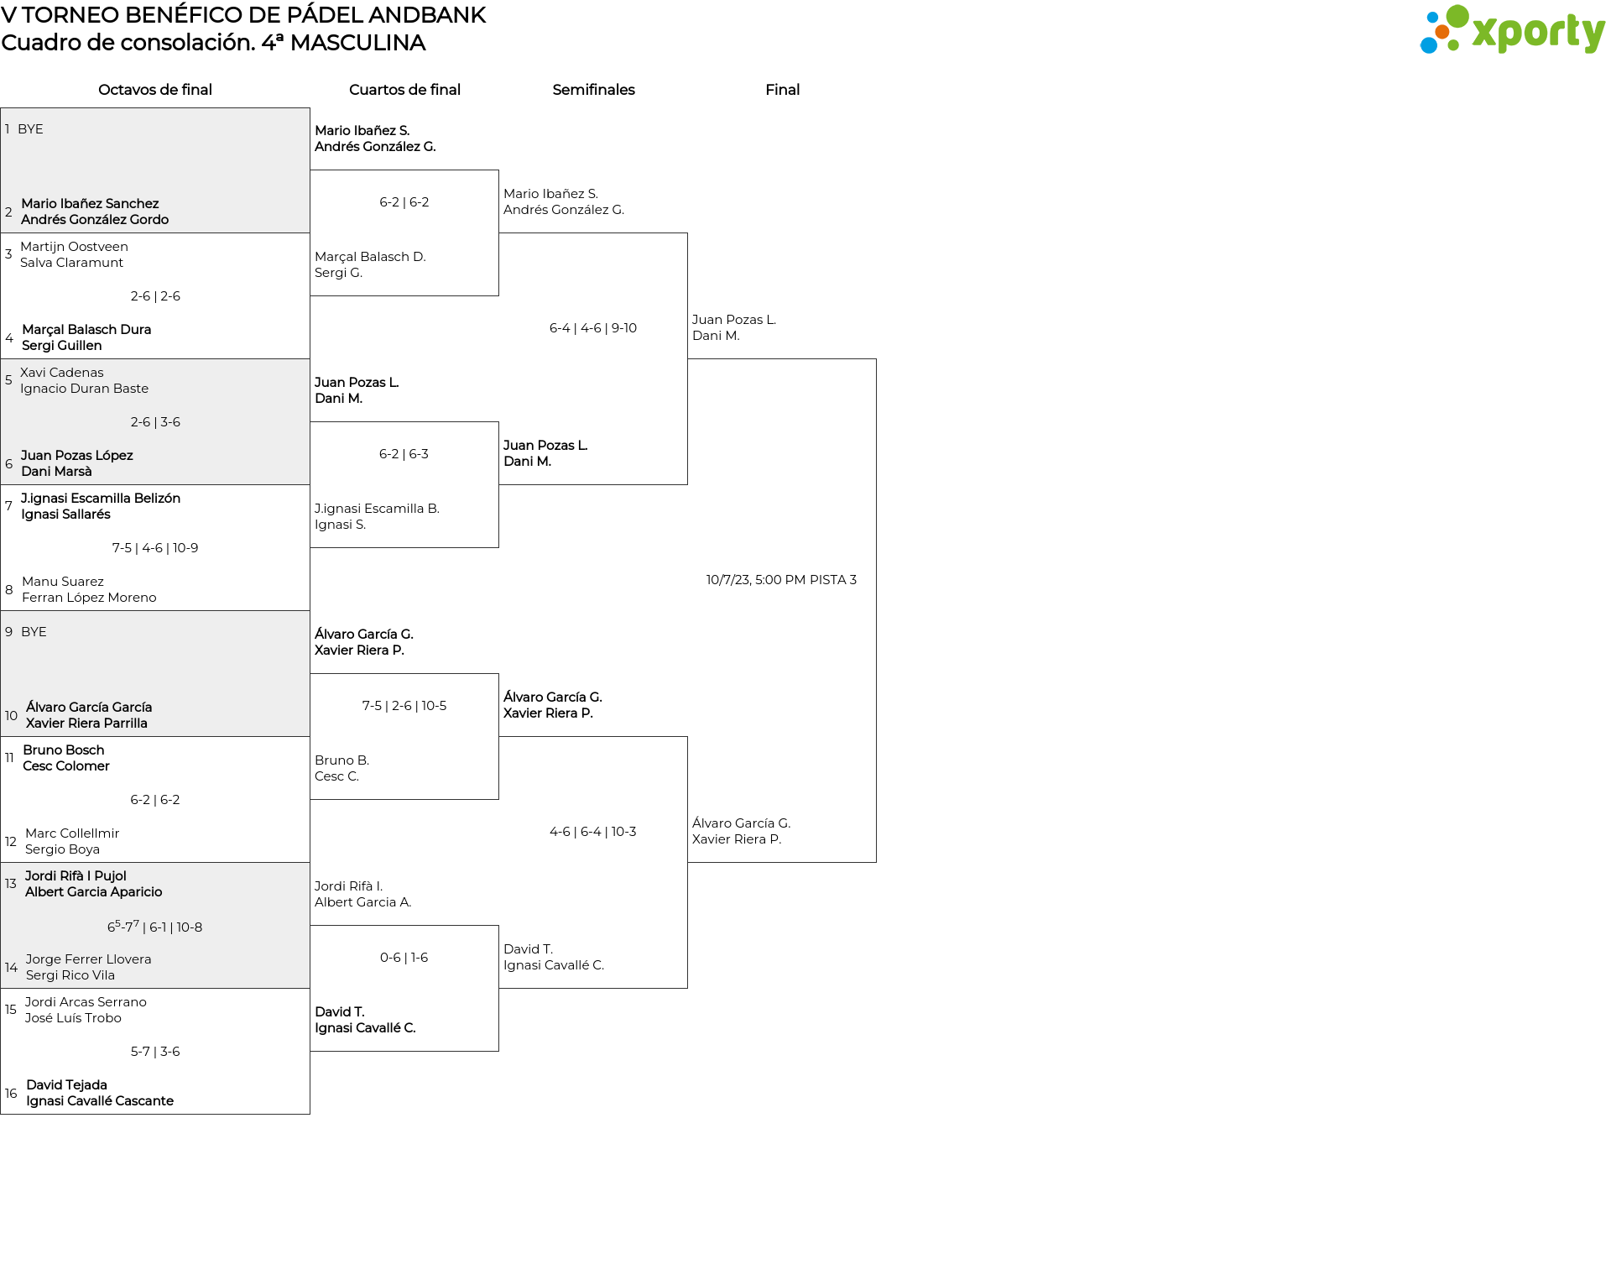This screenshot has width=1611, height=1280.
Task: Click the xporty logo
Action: pyautogui.click(x=1512, y=30)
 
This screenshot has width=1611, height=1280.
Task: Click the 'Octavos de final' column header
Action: pyautogui.click(x=155, y=90)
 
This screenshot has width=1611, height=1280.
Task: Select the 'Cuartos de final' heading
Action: pyautogui.click(x=404, y=90)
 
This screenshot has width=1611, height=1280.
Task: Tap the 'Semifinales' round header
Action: pyautogui.click(x=593, y=90)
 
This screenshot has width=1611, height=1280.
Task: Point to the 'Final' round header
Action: pyautogui.click(x=782, y=90)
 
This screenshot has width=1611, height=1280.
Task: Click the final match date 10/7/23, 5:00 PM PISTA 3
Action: pyautogui.click(x=781, y=580)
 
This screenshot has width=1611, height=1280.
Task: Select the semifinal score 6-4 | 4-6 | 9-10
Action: pyautogui.click(x=593, y=328)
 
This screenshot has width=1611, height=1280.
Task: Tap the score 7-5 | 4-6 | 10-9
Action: pyautogui.click(x=155, y=548)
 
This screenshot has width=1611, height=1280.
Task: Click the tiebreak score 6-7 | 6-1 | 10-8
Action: pyautogui.click(x=155, y=927)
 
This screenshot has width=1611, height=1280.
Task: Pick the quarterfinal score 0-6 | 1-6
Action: pyautogui.click(x=404, y=958)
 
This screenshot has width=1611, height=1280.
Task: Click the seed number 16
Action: pyautogui.click(x=11, y=1093)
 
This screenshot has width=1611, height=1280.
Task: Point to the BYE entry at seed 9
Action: pyautogui.click(x=34, y=632)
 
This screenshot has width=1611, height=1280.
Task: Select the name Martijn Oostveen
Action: pyautogui.click(x=74, y=247)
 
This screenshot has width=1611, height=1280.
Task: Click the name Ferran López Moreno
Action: pyautogui.click(x=89, y=598)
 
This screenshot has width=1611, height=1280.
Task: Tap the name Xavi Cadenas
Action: pyautogui.click(x=62, y=373)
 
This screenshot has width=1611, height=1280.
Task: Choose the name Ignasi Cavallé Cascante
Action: pyautogui.click(x=100, y=1101)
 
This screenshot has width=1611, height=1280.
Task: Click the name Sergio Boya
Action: pyautogui.click(x=62, y=849)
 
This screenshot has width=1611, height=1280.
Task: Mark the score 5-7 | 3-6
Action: pyautogui.click(x=155, y=1052)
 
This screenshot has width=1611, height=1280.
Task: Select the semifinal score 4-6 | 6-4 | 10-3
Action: pyautogui.click(x=593, y=832)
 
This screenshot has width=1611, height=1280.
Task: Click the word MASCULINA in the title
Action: pyautogui.click(x=357, y=43)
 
